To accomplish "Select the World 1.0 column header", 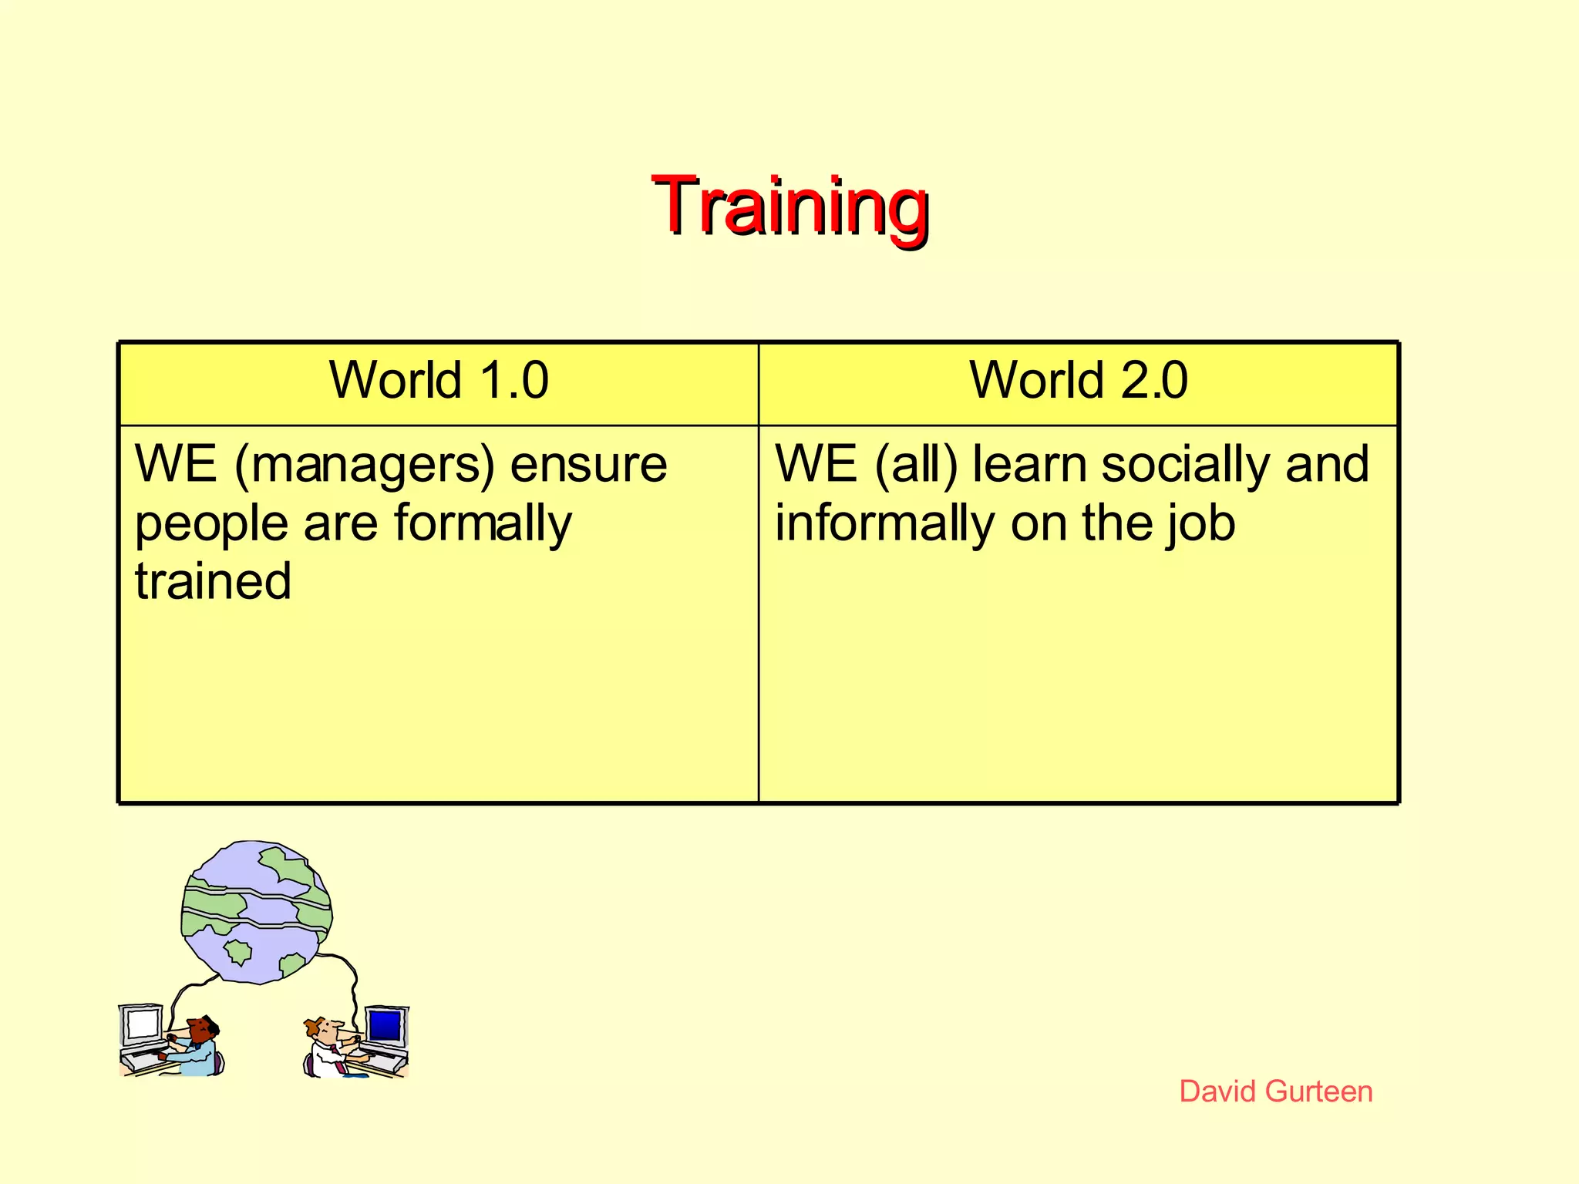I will (439, 381).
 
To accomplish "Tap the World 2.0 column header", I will (1078, 381).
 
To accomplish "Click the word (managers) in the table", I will (364, 466).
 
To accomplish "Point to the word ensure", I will (588, 466).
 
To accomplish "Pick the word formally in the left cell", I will (483, 524).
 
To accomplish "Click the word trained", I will (213, 581).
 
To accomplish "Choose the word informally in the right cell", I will (884, 524).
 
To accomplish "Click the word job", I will (1200, 524).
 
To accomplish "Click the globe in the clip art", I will (256, 912).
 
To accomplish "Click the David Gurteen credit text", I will (1276, 1091).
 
